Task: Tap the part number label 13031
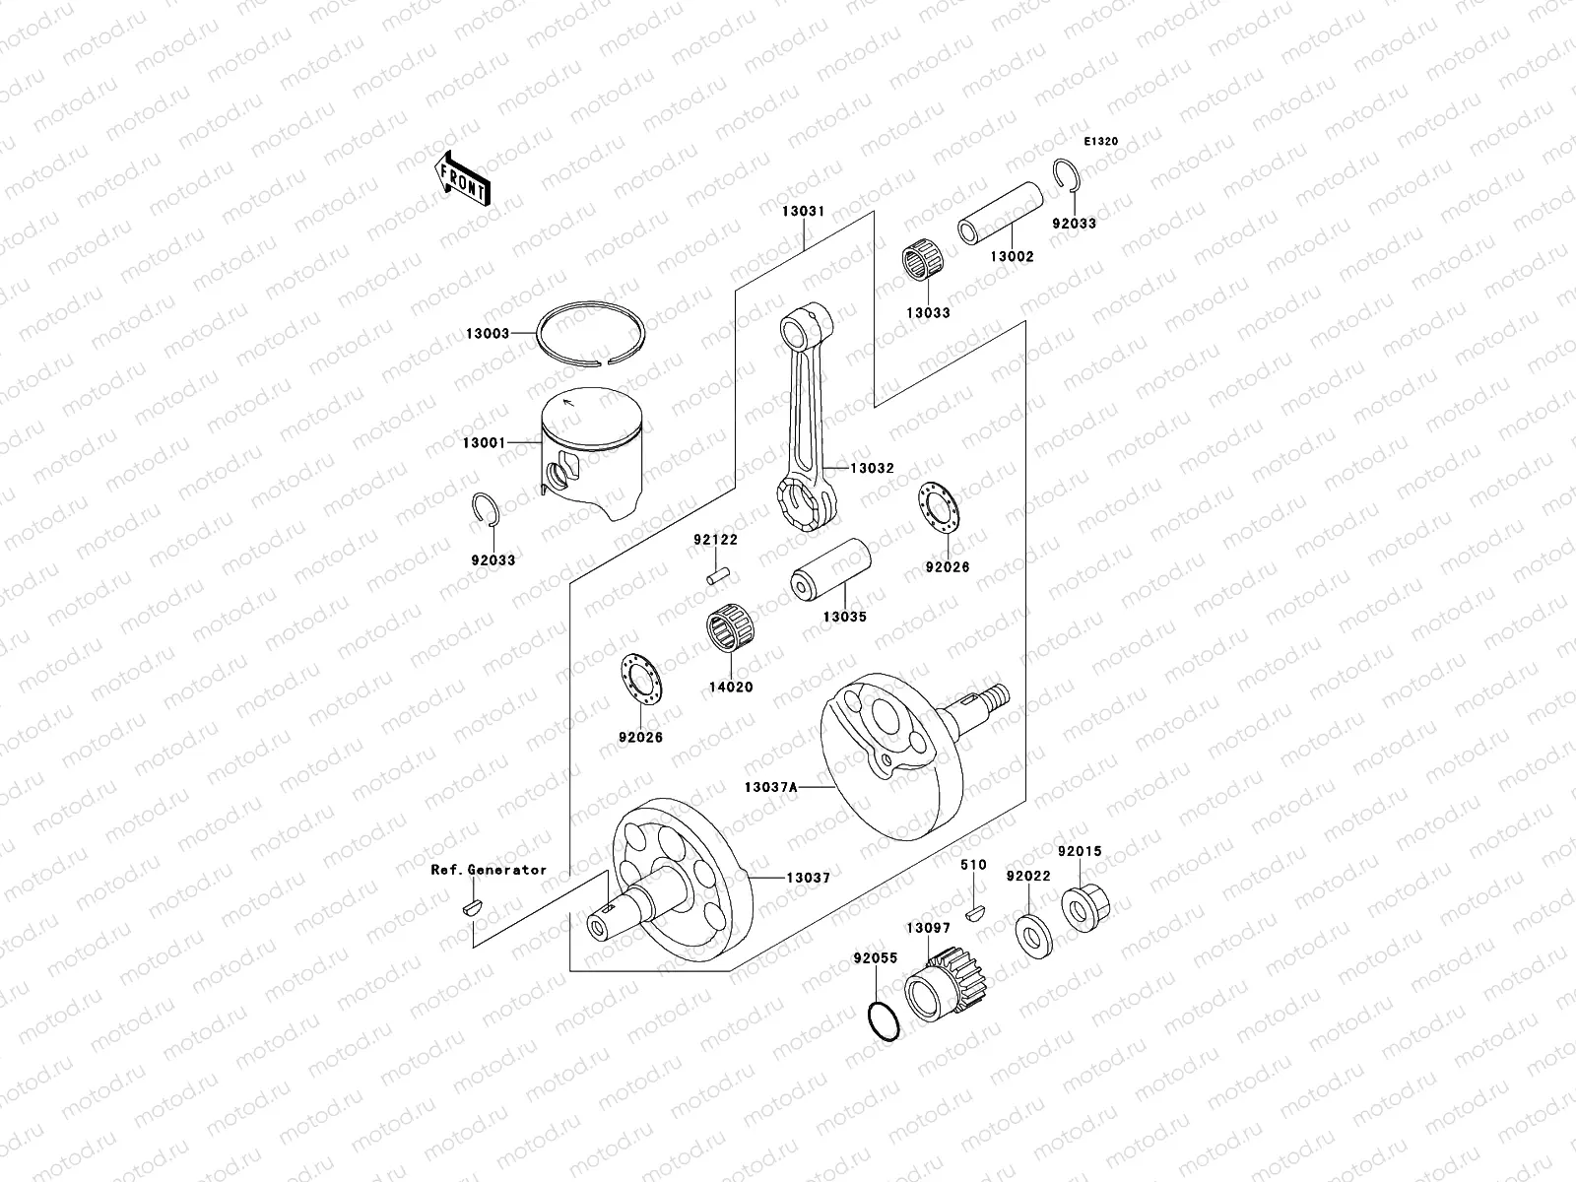[803, 212]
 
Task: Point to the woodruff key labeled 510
[975, 911]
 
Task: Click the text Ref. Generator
[489, 870]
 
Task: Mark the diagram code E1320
[1101, 142]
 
